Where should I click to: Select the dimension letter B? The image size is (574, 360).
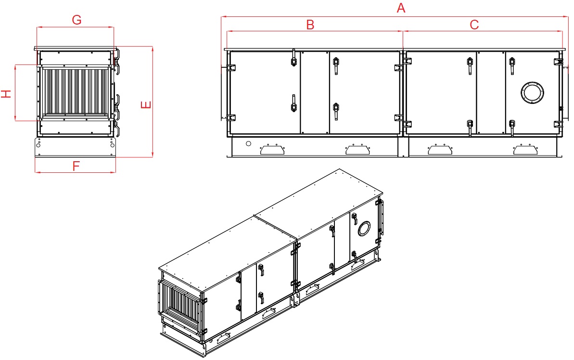tap(310, 25)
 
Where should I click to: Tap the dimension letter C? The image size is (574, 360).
tap(474, 25)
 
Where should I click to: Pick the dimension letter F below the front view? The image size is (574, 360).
tap(76, 166)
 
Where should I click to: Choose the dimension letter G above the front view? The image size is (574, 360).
tap(77, 20)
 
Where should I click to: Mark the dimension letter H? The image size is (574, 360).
tap(6, 93)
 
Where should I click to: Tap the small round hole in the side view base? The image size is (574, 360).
tap(248, 143)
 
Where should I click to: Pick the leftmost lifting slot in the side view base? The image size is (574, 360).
tap(272, 149)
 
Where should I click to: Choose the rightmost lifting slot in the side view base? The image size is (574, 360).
tap(525, 149)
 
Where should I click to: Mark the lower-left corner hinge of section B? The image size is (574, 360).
tap(230, 117)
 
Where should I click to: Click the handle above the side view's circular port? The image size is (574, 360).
tap(512, 64)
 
